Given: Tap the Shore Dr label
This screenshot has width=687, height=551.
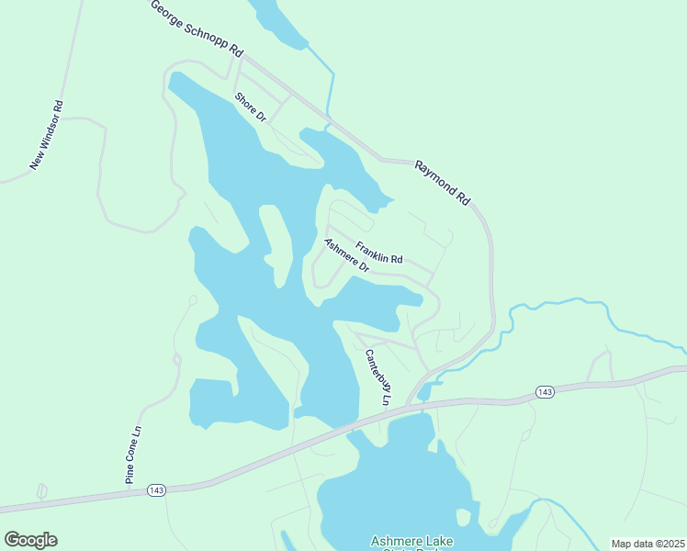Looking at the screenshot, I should pos(250,107).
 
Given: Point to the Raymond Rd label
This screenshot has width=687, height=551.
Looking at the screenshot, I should pos(442,182).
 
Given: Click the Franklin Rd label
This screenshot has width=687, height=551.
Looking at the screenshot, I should pos(379,253).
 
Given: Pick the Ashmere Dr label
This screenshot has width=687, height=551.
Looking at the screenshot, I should pos(346,256).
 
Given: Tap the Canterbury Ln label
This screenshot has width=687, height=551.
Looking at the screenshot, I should pos(378,377).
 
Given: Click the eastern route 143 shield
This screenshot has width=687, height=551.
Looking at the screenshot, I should pos(546,392).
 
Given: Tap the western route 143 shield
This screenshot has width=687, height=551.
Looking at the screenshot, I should pos(155,491).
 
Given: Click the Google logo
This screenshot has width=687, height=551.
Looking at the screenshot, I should pos(30,540).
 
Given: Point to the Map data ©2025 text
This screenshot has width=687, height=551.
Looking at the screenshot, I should pos(648,544).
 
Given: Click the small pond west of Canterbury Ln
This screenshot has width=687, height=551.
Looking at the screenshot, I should pos(212,402).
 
